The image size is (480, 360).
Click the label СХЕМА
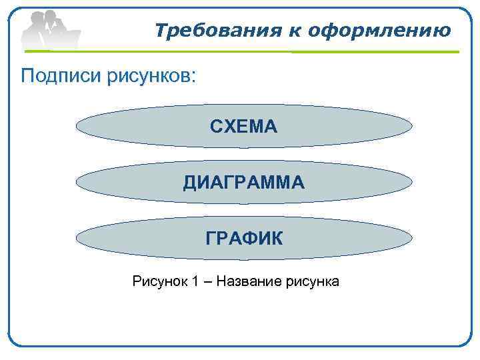click(x=243, y=126)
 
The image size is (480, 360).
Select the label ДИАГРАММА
click(x=244, y=182)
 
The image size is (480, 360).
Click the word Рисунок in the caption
click(x=159, y=281)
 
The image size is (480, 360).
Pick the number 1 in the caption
click(x=195, y=281)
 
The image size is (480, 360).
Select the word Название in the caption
click(x=250, y=281)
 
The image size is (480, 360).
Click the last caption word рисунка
click(x=312, y=281)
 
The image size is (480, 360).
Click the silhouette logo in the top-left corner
click(x=50, y=30)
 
